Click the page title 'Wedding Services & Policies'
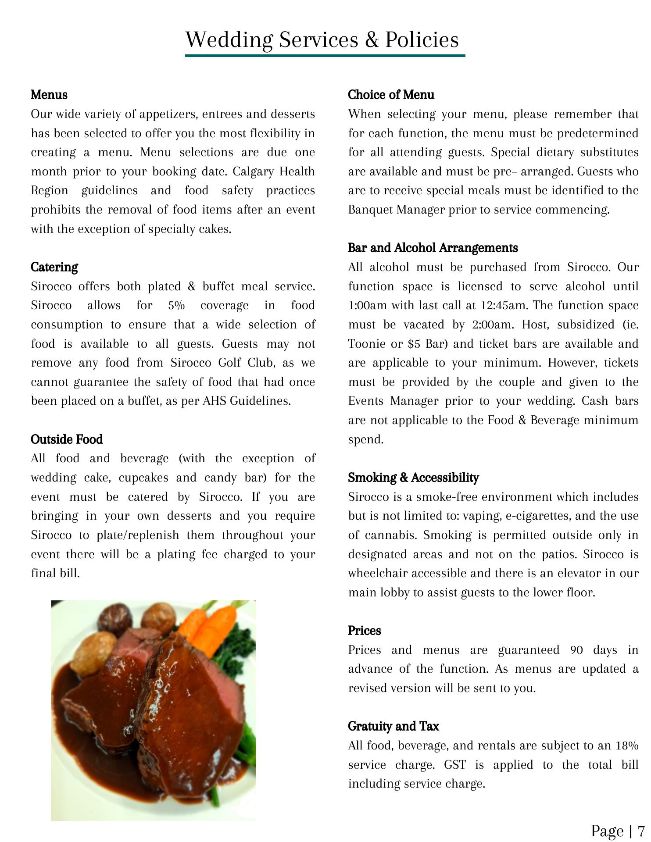322,40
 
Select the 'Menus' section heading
49,95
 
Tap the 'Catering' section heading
54,267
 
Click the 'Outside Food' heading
67,439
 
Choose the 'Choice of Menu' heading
391,95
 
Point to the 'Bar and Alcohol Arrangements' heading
433,248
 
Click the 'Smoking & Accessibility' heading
413,478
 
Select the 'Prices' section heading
364,631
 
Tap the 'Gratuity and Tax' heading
393,727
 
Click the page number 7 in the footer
641,831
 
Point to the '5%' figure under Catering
176,306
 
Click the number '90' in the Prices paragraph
576,650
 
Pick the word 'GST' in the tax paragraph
454,765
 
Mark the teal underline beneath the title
325,56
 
